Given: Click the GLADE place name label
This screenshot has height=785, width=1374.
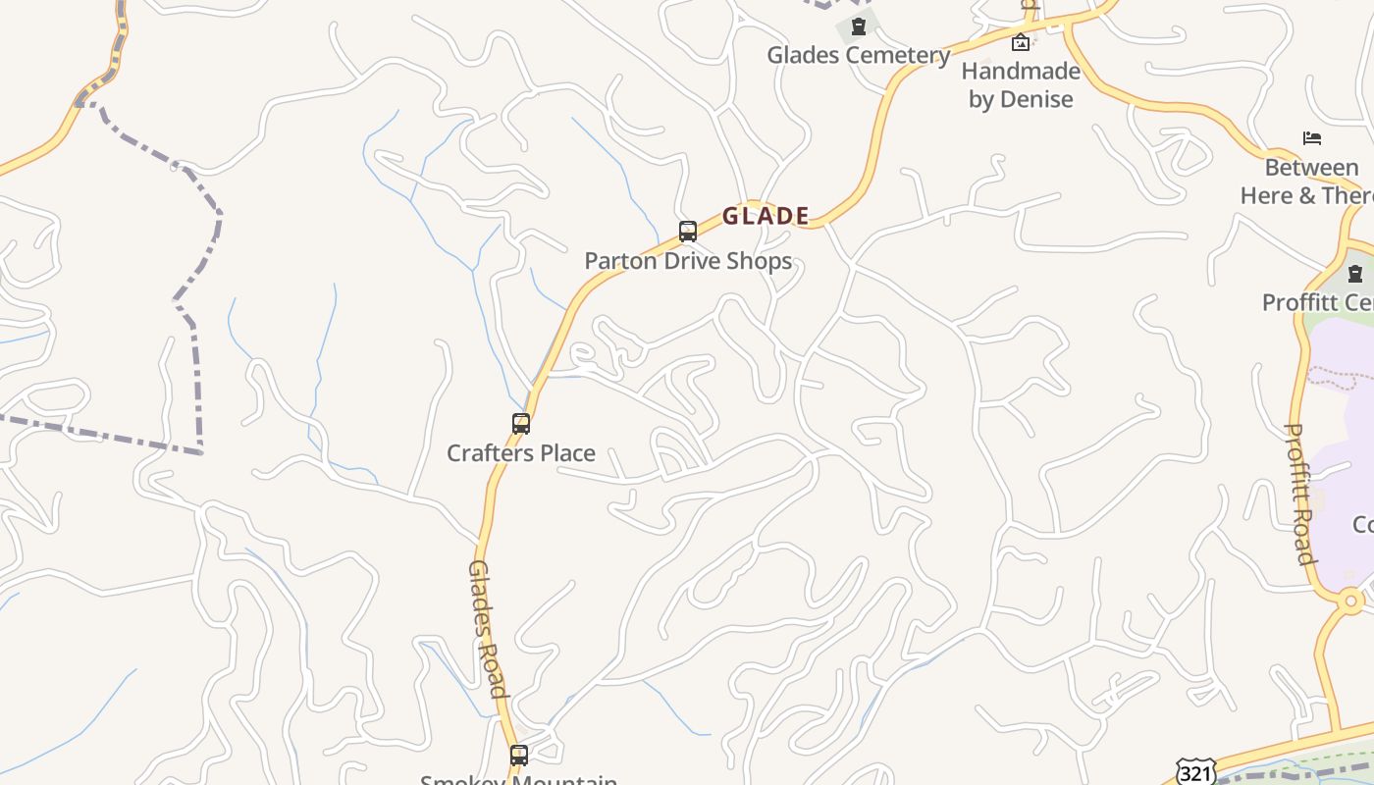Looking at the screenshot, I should pos(766,216).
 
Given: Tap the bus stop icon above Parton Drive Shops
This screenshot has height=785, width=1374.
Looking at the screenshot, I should pos(688,232).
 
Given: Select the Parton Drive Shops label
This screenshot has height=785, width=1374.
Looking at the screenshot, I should pos(688,261).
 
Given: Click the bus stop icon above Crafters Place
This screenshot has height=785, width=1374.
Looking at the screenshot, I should pos(521,424).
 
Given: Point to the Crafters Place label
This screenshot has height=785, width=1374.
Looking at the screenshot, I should pos(521,453).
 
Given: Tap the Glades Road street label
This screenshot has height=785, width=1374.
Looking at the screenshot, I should pos(488,628).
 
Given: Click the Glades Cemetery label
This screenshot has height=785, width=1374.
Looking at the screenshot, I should pos(859,55).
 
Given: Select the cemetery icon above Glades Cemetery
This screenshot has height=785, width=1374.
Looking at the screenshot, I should pos(859,26).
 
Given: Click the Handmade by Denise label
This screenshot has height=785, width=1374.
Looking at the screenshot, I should pos(1021,84).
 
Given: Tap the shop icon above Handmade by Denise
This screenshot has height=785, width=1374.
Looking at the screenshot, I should pos(1021,42).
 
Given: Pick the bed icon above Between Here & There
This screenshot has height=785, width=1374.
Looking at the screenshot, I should pos(1312,138).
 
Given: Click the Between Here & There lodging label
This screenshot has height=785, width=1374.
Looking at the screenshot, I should pos(1309,182).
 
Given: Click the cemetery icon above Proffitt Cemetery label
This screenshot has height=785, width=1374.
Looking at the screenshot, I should pos(1355,274).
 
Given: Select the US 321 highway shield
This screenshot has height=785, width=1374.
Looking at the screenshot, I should pos(1195,771).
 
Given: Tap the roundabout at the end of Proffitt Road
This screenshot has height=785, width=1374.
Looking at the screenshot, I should pos(1350,600).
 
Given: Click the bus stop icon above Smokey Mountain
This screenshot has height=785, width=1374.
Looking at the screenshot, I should pos(519,756).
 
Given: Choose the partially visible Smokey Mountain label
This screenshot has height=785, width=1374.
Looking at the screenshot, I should pos(519,779).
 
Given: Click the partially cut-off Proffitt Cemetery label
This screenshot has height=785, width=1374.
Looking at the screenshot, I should pos(1318,302).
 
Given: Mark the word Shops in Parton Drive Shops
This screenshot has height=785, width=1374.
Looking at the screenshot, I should pos(758,261).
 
